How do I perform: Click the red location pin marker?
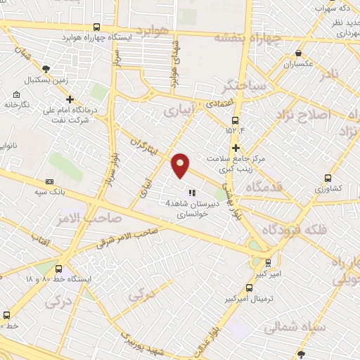point(181,165)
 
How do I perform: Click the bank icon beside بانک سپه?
point(49,181)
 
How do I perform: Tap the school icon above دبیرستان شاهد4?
point(191,192)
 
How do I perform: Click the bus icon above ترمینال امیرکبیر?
point(249,287)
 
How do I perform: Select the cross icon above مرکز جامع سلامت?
point(236,148)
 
